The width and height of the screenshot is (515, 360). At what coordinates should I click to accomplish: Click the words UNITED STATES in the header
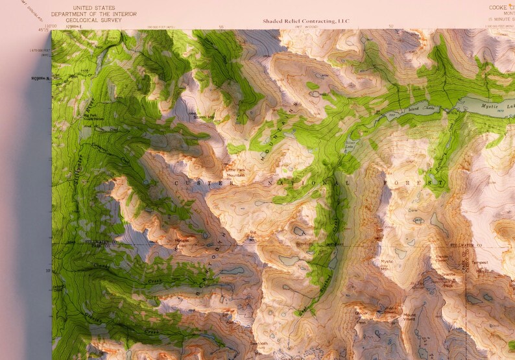point(90,7)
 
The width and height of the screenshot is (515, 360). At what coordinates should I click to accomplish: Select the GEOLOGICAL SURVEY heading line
point(90,19)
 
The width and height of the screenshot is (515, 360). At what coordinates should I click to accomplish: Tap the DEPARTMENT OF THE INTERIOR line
point(94,13)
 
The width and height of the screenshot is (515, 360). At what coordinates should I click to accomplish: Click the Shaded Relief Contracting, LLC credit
point(305,21)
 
